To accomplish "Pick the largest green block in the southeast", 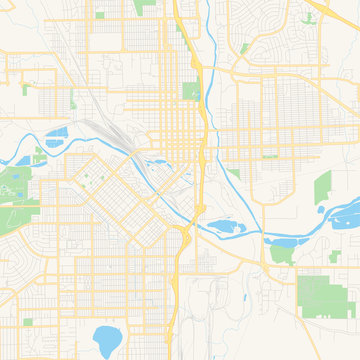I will click(318, 294).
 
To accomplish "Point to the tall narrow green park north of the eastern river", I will click(322, 190).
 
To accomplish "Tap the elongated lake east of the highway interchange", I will click(222, 229).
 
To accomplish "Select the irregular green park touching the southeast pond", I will click(282, 254).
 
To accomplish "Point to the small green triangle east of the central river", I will click(233, 173).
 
